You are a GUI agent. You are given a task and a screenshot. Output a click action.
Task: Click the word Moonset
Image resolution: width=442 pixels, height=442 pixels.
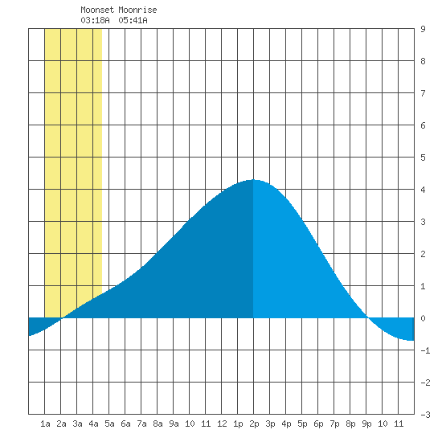(97, 10)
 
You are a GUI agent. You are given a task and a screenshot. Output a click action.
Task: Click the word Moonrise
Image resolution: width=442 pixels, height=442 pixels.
(137, 10)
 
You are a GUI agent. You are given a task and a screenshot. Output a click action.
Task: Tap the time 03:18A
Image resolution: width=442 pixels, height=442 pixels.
(95, 20)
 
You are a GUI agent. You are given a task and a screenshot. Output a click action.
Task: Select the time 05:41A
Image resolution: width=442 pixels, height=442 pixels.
(133, 20)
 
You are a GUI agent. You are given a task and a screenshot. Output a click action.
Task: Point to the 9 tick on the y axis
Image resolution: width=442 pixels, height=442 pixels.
(423, 29)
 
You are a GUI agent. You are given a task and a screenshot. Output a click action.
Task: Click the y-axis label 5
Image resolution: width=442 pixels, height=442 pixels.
(423, 158)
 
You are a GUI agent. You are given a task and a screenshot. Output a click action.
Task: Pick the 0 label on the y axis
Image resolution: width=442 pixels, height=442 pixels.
(423, 318)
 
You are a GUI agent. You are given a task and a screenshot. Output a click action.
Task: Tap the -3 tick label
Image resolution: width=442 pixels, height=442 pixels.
(425, 415)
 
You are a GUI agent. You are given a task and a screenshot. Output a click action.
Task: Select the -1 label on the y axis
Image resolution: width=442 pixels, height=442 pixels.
(425, 350)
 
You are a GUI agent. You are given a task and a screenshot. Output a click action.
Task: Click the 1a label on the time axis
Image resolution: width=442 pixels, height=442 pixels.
(45, 424)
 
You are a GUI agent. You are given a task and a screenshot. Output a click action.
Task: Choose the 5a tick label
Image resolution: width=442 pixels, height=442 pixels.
(109, 424)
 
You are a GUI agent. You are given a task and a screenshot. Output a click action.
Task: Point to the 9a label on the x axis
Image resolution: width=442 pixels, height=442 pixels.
(174, 424)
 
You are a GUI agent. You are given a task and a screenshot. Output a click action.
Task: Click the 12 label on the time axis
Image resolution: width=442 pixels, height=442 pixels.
(222, 424)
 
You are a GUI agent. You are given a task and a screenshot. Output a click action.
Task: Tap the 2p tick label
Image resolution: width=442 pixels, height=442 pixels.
(254, 424)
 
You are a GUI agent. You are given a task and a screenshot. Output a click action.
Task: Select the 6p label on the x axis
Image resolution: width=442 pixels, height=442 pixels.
(318, 424)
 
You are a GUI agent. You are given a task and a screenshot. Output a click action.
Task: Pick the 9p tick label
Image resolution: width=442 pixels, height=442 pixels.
(366, 424)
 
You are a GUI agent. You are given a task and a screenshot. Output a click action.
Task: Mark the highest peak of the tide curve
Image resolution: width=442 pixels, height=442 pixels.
(253, 179)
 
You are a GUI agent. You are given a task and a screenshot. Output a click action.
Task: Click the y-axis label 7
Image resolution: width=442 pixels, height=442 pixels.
(423, 93)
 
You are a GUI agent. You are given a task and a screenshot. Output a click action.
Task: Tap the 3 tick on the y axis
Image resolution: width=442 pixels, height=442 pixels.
(423, 222)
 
